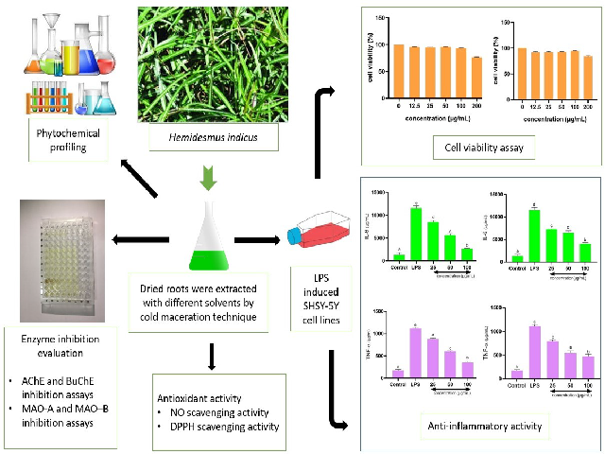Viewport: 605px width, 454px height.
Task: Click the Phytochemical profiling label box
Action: pos(68,141)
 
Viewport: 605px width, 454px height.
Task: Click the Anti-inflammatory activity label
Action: pos(482,427)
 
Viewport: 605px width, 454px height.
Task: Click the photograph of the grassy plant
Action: pos(204,65)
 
